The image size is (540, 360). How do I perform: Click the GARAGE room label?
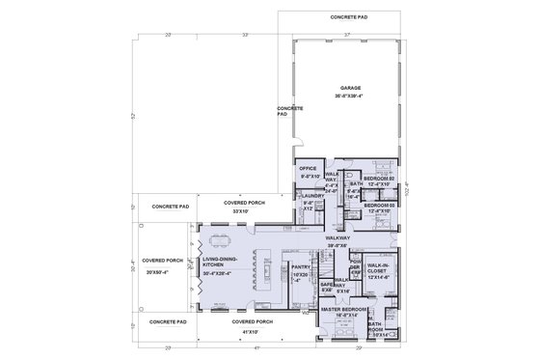coord(350,88)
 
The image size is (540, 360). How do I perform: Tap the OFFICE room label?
coord(309,168)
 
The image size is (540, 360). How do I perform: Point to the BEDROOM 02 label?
coord(380,179)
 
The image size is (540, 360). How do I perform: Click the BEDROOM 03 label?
coord(381,205)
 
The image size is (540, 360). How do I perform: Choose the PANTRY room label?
coord(299,267)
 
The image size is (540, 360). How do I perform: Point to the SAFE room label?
coord(326,285)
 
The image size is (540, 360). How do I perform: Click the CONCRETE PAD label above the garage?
coord(350,17)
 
